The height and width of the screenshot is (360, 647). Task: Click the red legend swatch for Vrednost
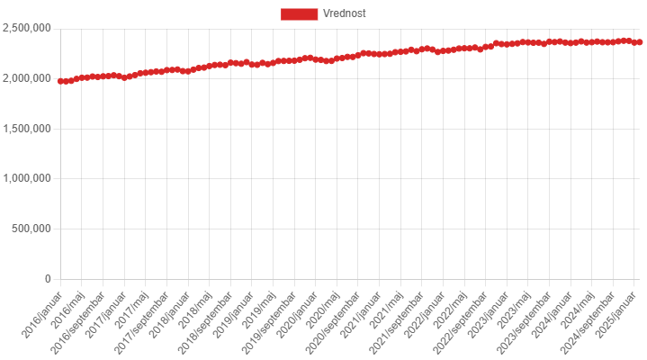299,13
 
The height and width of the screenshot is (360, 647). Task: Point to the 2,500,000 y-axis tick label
27,28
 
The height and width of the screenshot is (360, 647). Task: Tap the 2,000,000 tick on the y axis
27,78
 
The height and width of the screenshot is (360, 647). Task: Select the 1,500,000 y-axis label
27,129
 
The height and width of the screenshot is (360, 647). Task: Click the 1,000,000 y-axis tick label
27,178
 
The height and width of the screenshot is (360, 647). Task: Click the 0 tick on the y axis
47,279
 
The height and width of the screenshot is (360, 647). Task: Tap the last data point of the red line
640,42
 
